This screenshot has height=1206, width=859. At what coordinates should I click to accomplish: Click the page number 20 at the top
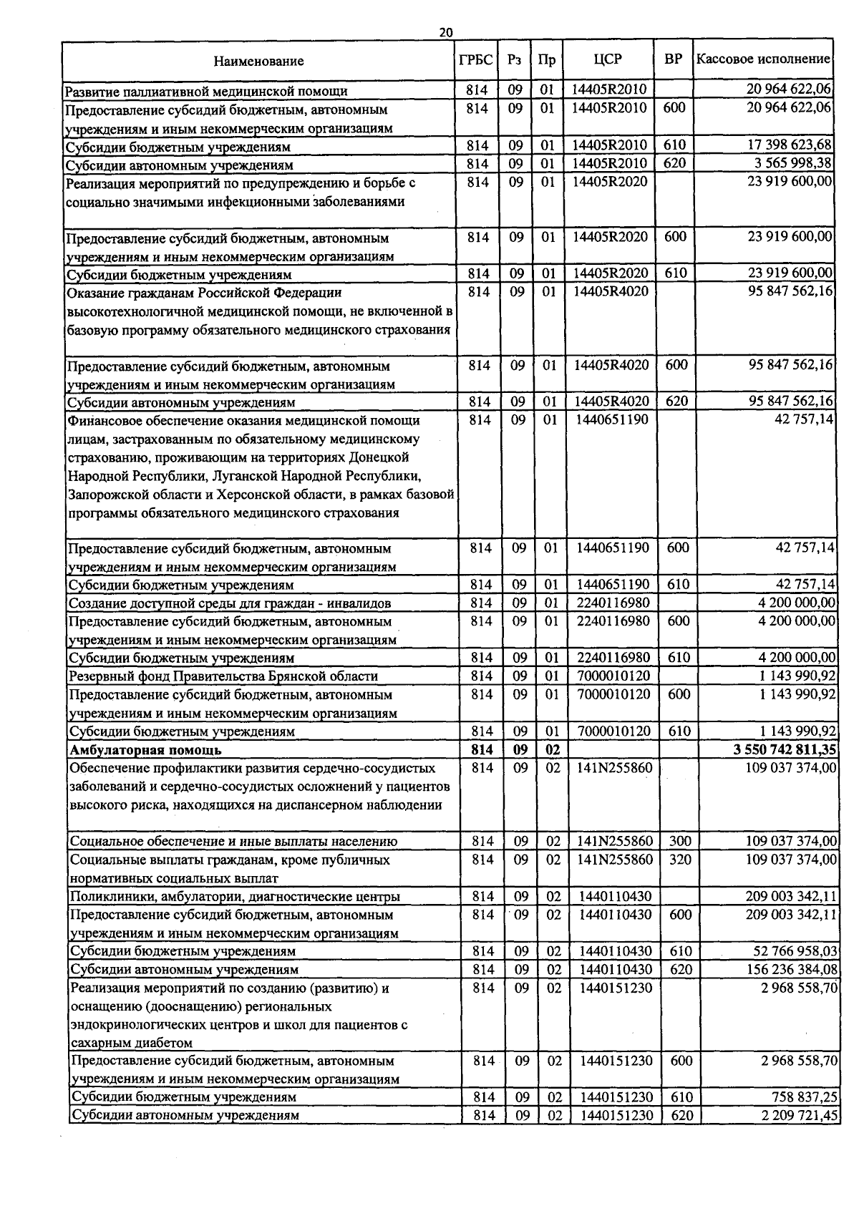coord(446,32)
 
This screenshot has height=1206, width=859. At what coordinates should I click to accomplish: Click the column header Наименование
coord(258,62)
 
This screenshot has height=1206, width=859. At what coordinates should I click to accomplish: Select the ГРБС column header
coord(475,60)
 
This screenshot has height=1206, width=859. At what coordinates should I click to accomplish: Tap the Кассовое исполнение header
coord(763,59)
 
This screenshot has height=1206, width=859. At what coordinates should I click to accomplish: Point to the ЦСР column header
coord(608,60)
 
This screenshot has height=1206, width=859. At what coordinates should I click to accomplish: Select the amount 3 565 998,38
coord(792,164)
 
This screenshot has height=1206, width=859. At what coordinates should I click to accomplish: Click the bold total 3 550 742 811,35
coord(785,750)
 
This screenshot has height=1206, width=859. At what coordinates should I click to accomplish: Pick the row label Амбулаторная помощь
coord(145,750)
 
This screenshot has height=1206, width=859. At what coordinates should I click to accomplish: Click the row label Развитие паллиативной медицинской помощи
coord(206,91)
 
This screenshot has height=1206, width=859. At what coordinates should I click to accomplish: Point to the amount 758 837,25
coord(805,1097)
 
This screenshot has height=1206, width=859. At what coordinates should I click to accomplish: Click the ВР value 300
coord(680,841)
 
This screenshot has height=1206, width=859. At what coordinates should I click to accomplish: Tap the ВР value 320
coord(680,859)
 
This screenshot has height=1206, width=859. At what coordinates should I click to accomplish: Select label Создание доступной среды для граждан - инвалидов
coord(230,603)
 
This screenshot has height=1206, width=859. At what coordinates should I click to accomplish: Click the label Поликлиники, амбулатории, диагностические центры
coord(235,896)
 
